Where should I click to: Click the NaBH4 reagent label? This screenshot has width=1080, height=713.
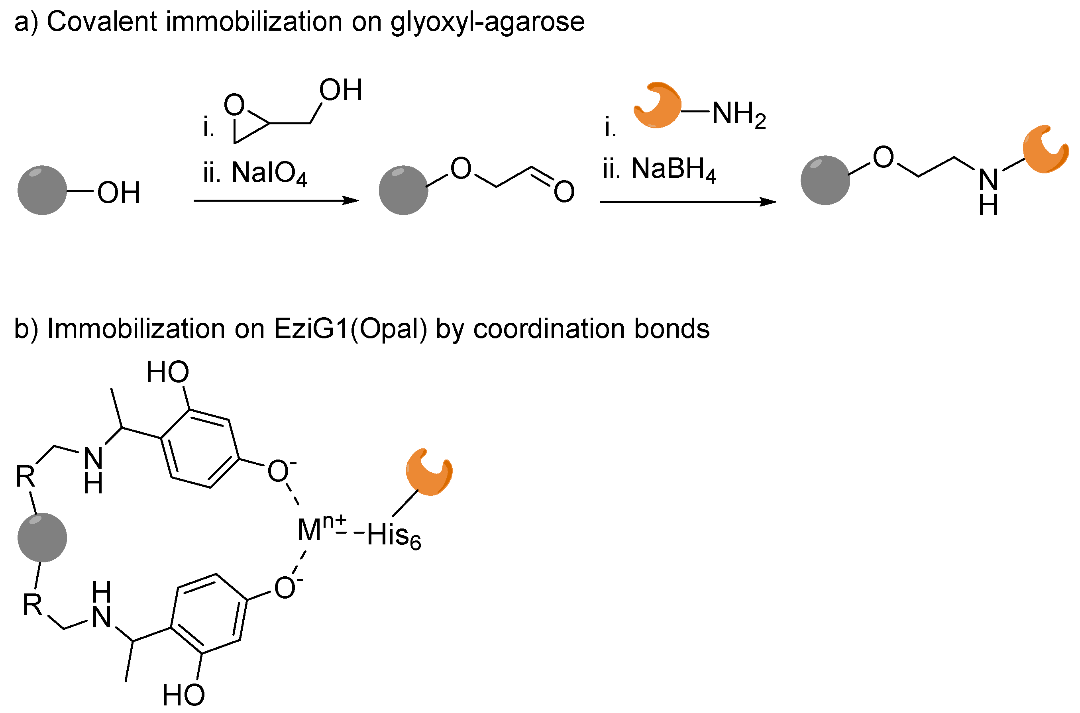coord(673,169)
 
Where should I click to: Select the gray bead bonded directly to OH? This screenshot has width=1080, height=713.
coord(42,190)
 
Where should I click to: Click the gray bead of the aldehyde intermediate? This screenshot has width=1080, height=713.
coord(403,190)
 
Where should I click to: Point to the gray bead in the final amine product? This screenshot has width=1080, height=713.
coord(825,180)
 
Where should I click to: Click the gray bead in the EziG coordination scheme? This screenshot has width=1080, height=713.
coord(42,538)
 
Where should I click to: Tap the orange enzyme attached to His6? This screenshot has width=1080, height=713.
coord(428,473)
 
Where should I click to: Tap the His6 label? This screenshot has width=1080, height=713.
coord(393,535)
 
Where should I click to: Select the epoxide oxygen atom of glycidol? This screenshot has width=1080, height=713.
coord(234,105)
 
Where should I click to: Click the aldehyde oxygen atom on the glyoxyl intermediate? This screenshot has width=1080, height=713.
coord(564,191)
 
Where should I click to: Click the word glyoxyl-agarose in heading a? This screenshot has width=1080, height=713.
coord(487,22)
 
